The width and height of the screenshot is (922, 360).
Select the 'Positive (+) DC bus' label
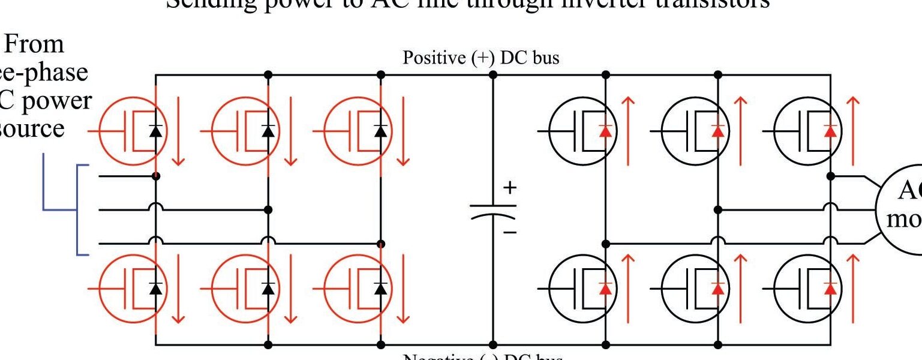(x=480, y=58)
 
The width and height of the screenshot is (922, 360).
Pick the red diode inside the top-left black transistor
(x=606, y=130)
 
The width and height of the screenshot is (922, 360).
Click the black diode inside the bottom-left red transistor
(x=156, y=289)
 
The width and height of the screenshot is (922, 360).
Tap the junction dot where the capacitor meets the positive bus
(x=493, y=75)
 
